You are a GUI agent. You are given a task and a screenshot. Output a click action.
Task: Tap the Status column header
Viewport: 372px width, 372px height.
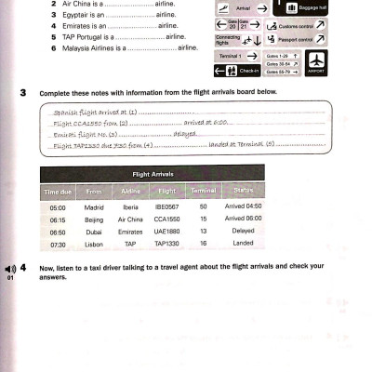coord(245,192)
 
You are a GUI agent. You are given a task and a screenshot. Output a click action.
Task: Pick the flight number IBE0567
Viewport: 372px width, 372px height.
coord(166,207)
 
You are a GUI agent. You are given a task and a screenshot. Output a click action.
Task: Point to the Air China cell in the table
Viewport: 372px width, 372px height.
coord(129,219)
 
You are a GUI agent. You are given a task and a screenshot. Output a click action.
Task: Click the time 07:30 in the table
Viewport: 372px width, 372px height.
coord(58,246)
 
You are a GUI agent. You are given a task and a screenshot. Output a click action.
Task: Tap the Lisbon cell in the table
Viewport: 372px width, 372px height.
coord(94,246)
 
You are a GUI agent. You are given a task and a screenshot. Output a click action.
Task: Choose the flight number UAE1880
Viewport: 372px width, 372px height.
coord(166,232)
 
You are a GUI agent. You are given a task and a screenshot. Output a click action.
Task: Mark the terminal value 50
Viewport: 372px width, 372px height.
coord(202,207)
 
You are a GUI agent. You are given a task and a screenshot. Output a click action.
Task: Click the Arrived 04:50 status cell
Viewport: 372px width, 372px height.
coord(244,207)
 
